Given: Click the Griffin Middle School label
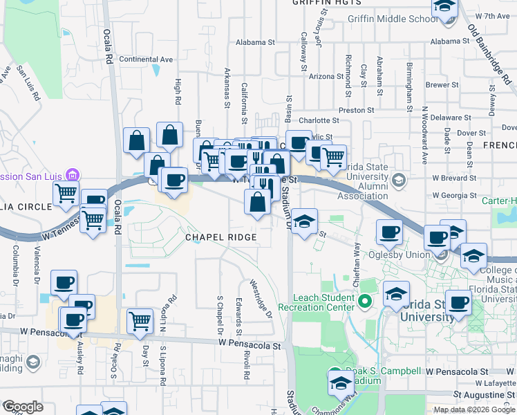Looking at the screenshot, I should point(393,19).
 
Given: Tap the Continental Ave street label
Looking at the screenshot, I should point(146,59).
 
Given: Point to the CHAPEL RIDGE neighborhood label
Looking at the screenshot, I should point(220,237).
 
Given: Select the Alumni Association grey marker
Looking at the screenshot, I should point(398,181).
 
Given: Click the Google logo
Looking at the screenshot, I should point(23,407).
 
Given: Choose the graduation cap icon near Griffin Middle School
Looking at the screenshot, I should point(444,8).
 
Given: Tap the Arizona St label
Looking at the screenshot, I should point(326,76).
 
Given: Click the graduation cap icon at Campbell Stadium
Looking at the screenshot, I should point(341,382).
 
